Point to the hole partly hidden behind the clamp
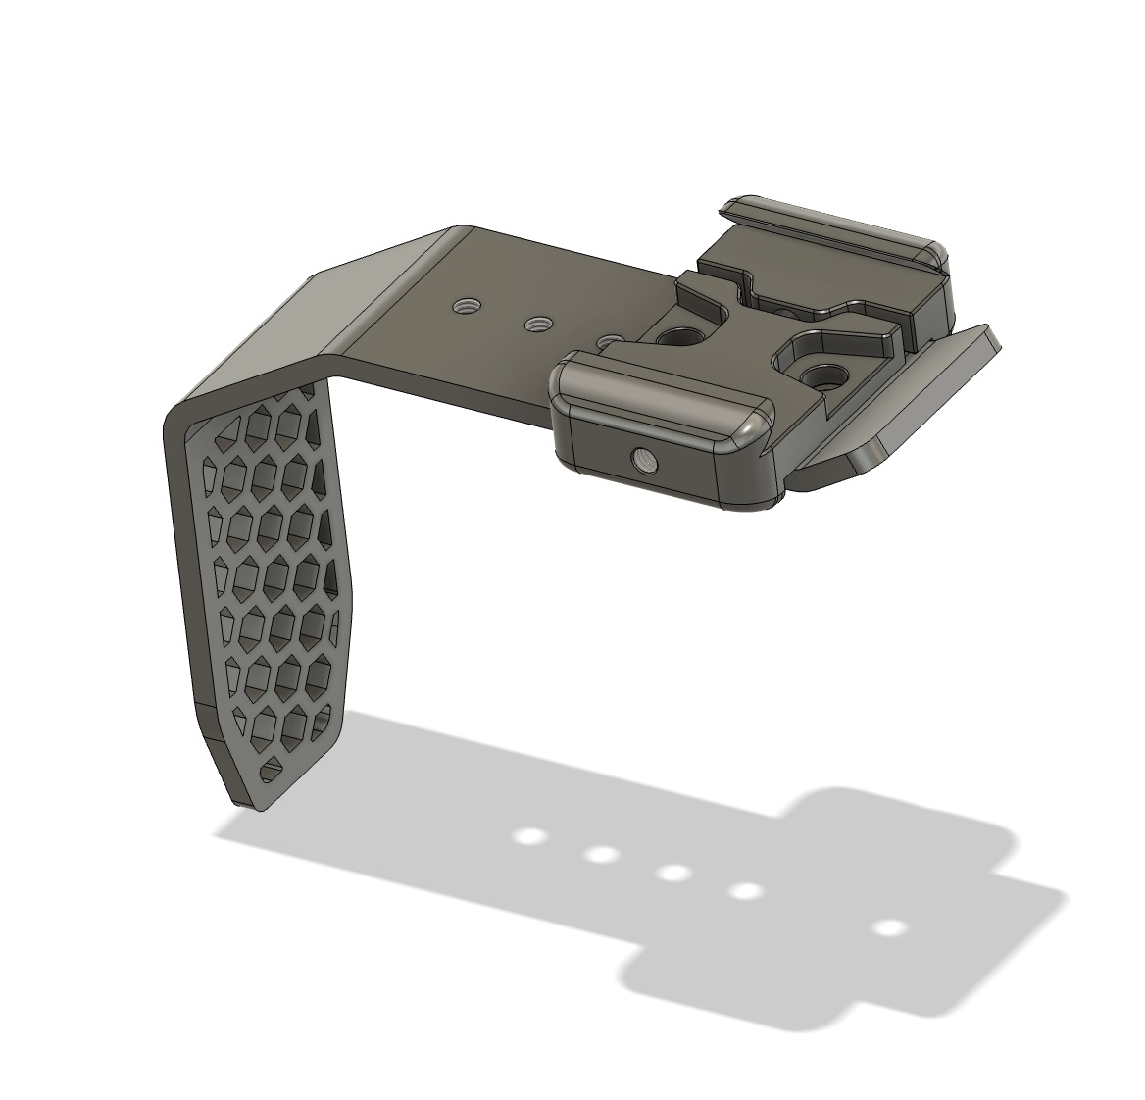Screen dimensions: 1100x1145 tap(610, 340)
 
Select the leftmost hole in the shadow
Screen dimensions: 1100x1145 tap(530, 837)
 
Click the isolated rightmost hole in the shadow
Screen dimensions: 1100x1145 tap(889, 927)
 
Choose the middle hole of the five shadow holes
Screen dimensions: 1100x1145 tap(672, 873)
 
